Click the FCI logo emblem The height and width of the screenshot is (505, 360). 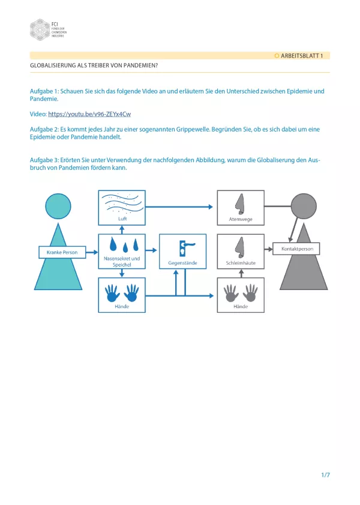pyautogui.click(x=40, y=29)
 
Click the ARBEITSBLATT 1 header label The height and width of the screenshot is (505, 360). pyautogui.click(x=302, y=55)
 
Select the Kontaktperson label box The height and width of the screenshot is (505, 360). pyautogui.click(x=297, y=248)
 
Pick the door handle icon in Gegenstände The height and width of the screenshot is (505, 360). pyautogui.click(x=182, y=247)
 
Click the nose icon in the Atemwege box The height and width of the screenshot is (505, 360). pyautogui.click(x=240, y=204)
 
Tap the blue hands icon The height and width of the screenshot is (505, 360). pyautogui.click(x=122, y=292)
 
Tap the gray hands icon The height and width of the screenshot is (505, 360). pyautogui.click(x=240, y=292)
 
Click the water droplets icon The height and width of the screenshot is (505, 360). pyautogui.click(x=122, y=245)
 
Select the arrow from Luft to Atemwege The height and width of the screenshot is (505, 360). pyautogui.click(x=180, y=207)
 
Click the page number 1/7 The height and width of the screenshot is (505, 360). pyautogui.click(x=325, y=475)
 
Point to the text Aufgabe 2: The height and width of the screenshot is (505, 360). pyautogui.click(x=46, y=129)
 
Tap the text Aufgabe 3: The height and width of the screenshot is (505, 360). pyautogui.click(x=46, y=160)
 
